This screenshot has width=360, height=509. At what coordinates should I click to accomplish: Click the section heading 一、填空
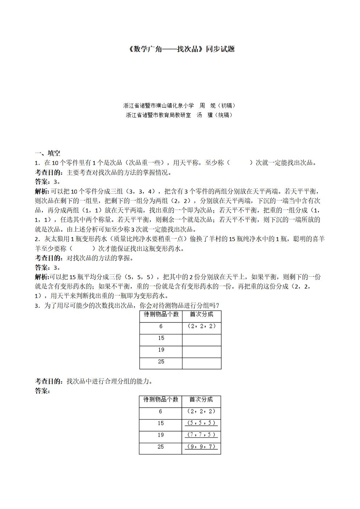(x=47, y=153)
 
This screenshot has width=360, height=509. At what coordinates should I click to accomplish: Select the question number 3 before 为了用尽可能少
(x=37, y=306)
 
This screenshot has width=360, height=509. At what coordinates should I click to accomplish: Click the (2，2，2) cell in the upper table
(x=202, y=326)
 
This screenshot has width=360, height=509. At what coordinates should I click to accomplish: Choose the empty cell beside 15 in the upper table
(x=202, y=340)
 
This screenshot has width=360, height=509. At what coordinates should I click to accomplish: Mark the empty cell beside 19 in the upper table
(x=202, y=352)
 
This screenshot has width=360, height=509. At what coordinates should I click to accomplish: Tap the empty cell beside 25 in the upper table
(x=202, y=363)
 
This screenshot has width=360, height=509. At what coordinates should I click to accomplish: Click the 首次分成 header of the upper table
(x=202, y=314)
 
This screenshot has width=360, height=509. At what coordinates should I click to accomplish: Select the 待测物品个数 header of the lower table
(x=161, y=400)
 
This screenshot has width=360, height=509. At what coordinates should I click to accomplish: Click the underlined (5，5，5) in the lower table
(x=201, y=423)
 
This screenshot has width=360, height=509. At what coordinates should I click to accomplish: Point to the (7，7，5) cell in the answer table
(x=201, y=435)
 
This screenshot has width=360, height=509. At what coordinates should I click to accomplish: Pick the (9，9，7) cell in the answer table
(x=201, y=447)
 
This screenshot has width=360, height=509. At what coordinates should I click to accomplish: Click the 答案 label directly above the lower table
(x=42, y=391)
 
